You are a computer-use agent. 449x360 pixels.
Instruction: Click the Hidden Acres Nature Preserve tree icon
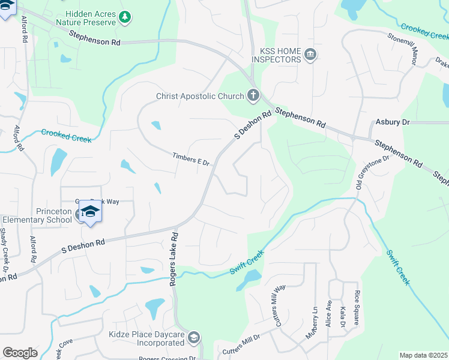[125, 17]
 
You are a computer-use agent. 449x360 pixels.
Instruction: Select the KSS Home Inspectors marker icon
[310, 55]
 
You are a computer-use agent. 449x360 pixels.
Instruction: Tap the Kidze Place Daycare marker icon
[193, 338]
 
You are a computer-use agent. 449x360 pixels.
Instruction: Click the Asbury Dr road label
[392, 122]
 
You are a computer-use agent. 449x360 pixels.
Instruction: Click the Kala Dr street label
[343, 316]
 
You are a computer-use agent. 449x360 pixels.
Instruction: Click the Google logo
[20, 353]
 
